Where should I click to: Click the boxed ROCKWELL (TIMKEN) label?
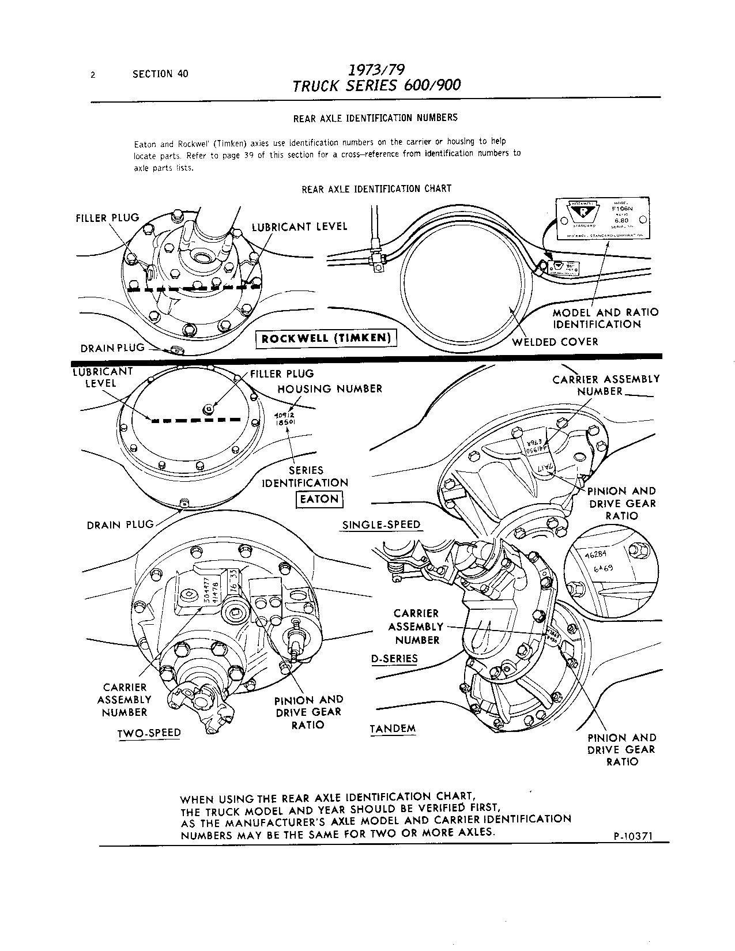coord(326,338)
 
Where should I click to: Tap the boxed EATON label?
coord(319,499)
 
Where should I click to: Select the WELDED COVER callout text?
coord(555,342)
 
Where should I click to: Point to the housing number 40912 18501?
coord(285,418)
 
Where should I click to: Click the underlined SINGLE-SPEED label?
coord(381,525)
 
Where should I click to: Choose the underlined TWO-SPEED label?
coord(149,733)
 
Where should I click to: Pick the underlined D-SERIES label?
coord(395,658)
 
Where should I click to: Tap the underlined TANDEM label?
coord(392,729)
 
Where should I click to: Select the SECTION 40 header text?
coord(160,74)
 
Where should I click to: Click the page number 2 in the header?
coord(93,75)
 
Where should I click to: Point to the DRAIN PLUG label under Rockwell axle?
coord(112,348)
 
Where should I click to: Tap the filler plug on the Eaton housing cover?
coord(208,409)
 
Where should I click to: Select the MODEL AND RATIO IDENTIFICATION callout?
coord(605,318)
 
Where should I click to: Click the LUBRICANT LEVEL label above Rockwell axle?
coord(299,227)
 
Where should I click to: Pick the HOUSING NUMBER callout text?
coord(330,389)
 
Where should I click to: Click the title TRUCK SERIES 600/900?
coord(376,86)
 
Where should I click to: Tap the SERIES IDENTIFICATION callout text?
coord(305,477)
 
